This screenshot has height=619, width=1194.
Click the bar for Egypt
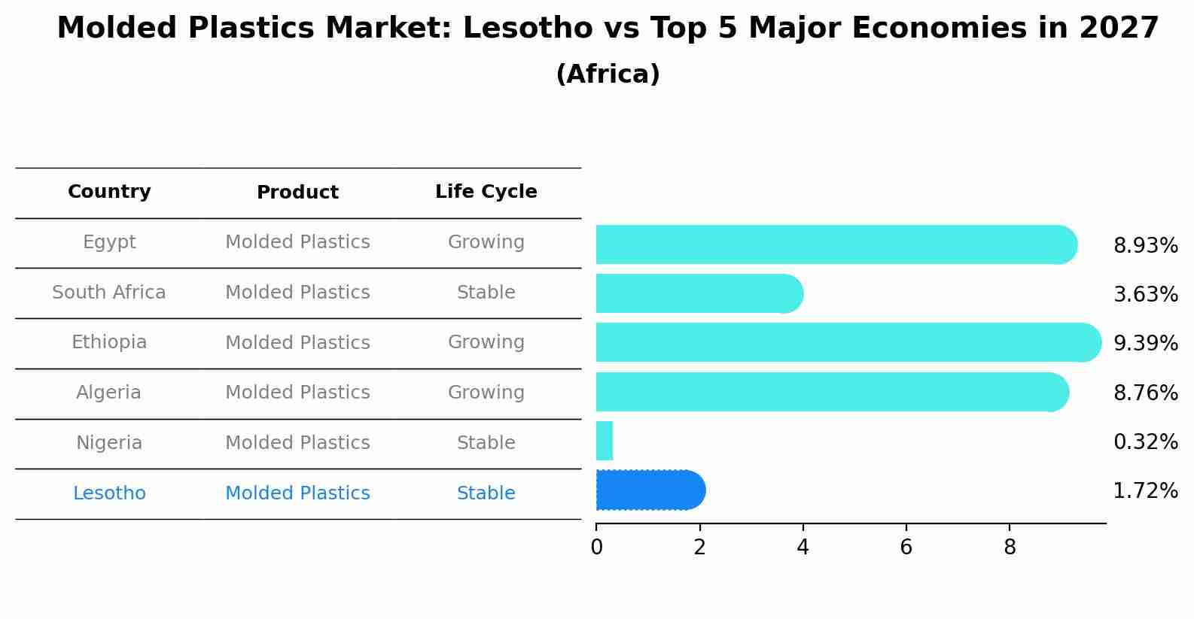[x=836, y=244]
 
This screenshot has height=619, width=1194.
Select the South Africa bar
[x=699, y=293]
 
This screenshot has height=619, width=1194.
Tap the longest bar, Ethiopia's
[x=848, y=342]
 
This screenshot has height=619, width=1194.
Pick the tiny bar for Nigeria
[x=605, y=441]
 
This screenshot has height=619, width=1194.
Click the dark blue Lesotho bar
[x=650, y=490]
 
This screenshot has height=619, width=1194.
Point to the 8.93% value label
[x=1145, y=246]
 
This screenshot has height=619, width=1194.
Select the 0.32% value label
[x=1145, y=442]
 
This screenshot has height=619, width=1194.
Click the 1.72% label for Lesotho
[x=1145, y=492]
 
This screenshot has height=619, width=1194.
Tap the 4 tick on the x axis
[x=803, y=548]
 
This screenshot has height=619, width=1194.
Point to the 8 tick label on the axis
[x=1010, y=548]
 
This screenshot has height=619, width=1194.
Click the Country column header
[x=109, y=192]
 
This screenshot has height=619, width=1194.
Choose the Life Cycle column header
[x=486, y=192]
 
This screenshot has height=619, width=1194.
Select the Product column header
[x=297, y=193]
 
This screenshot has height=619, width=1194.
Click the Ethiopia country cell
[x=109, y=342]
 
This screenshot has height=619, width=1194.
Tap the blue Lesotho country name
[x=109, y=493]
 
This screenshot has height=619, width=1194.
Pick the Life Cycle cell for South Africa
[x=486, y=293]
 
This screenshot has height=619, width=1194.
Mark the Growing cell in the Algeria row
[x=486, y=393]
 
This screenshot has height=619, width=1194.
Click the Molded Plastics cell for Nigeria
[x=297, y=443]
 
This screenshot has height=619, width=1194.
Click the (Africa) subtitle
[x=608, y=74]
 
